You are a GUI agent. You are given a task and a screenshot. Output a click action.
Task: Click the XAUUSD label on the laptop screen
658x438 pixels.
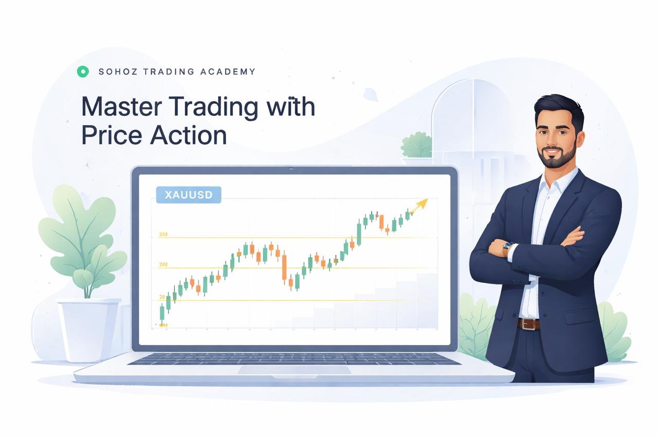[188, 195]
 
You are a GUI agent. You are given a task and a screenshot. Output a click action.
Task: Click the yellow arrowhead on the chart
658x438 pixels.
[423, 204]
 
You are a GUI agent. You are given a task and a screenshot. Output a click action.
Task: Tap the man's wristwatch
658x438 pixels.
[508, 247]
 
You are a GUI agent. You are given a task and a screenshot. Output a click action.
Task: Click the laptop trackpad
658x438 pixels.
[294, 370]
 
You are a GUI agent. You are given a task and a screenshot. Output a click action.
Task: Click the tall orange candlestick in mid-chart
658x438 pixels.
[284, 267]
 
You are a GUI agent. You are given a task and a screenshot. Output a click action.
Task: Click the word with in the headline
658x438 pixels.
[289, 108]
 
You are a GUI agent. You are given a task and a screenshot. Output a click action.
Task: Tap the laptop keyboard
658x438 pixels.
[293, 357]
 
